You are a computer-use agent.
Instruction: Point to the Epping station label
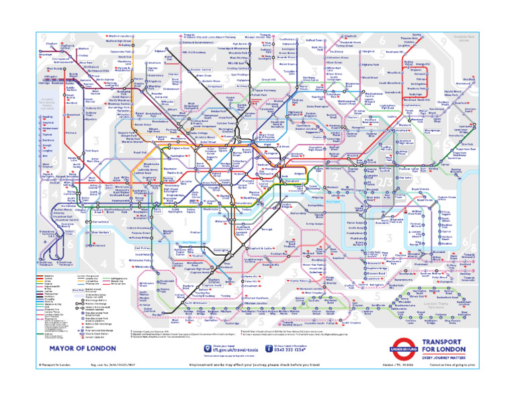(x=417, y=34)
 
